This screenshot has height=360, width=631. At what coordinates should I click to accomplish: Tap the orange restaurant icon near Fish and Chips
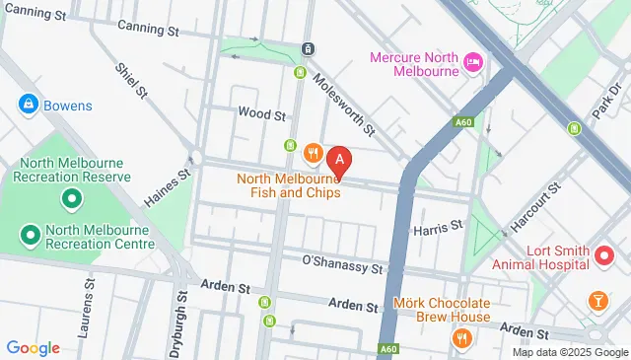click(x=313, y=152)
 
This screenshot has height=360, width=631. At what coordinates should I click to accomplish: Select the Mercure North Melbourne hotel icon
click(x=472, y=61)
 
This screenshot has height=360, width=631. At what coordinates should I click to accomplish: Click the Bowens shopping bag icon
click(x=27, y=104)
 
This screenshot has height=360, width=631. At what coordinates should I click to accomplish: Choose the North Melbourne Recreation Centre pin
click(x=31, y=236)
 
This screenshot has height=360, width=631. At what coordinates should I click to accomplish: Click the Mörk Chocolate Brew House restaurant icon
click(x=460, y=338)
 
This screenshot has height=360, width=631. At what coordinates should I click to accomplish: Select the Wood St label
click(x=261, y=114)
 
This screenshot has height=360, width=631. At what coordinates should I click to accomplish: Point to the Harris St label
click(x=438, y=227)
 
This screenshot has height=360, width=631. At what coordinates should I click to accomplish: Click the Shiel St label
click(x=130, y=82)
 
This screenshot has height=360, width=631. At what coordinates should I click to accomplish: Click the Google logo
click(x=33, y=347)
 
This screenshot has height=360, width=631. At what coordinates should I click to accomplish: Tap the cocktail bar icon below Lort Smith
click(x=596, y=300)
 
